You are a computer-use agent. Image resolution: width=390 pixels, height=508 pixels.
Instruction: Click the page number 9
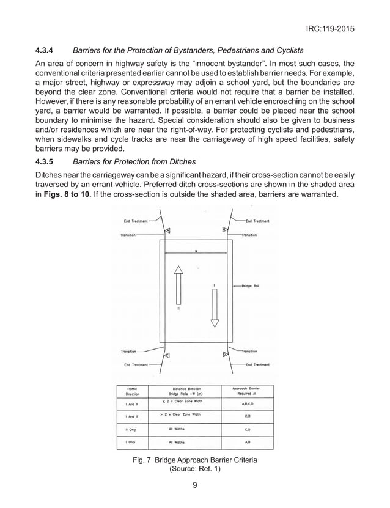tap(194, 487)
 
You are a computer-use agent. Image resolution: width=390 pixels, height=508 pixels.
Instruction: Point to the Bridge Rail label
tap(251, 286)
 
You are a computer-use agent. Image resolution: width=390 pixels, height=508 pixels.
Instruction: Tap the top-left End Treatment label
tap(136, 221)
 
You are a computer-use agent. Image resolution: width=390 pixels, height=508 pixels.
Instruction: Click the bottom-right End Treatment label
tap(257, 365)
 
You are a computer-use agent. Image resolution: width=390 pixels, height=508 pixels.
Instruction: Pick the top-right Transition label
tap(249, 234)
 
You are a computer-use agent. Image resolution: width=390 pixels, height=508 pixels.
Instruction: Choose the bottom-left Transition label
tap(129, 352)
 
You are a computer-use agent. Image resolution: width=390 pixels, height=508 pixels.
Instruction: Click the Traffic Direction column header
tap(131, 391)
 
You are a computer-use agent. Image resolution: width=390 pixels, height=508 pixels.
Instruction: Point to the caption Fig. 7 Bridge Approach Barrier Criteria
tap(194, 460)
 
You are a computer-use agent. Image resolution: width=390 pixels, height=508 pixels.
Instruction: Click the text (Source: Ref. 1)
tap(194, 470)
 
